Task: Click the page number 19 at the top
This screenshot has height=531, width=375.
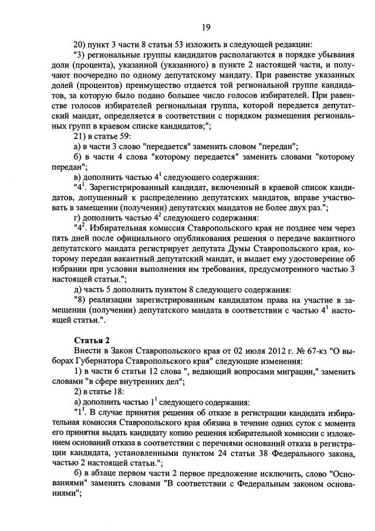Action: (205, 27)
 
